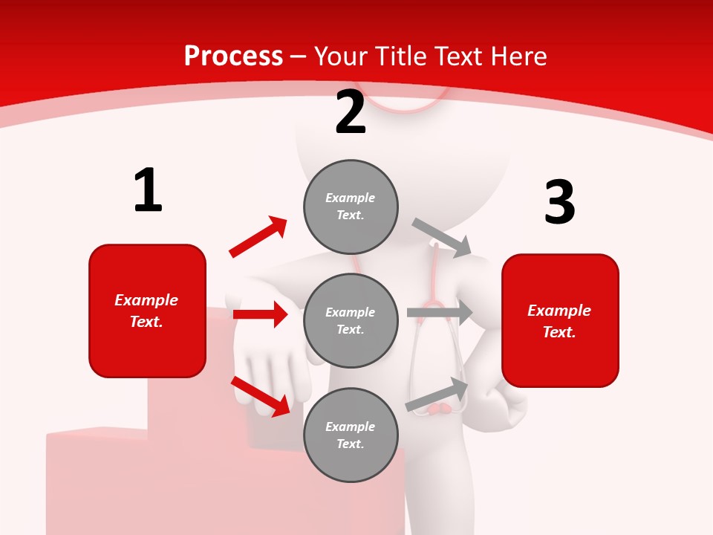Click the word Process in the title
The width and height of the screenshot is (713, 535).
pos(233,56)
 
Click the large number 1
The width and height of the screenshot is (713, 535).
pos(148,191)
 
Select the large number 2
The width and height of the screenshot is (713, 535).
pos(351,112)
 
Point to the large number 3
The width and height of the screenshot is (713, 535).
pos(559,202)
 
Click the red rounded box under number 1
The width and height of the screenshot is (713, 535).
pos(147,311)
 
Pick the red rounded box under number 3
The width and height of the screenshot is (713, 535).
pos(560,320)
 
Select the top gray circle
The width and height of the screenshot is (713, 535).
pos(351,206)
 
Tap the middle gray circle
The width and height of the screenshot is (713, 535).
pos(351,320)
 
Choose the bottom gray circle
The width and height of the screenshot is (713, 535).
pos(351,435)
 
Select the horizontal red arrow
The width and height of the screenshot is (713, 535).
pos(260,314)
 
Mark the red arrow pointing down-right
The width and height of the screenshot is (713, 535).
pos(260,395)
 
